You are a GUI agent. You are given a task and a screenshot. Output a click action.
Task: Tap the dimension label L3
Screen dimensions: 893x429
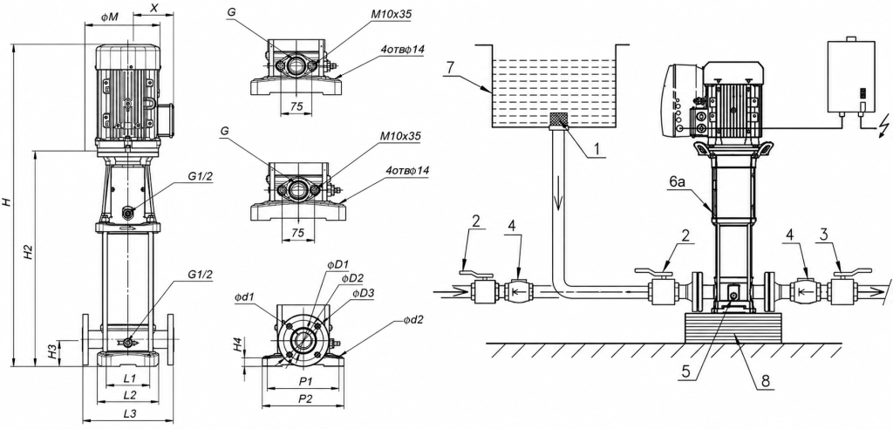point(129,413)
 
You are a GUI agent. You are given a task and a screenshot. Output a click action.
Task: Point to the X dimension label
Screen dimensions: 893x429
point(154,8)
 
